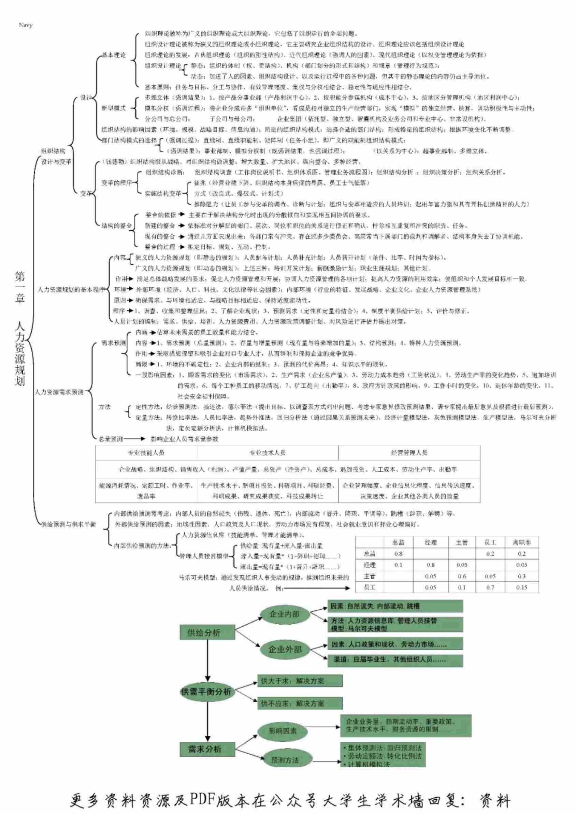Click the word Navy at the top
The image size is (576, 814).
click(x=26, y=25)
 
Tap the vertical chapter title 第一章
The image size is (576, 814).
click(x=20, y=287)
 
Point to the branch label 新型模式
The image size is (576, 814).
click(x=114, y=108)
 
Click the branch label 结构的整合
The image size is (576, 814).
click(x=116, y=226)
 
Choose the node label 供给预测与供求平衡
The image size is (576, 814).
click(x=69, y=524)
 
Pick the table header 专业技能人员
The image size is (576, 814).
click(x=146, y=453)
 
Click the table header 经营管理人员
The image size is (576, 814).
click(x=409, y=453)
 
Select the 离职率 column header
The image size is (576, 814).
click(x=521, y=542)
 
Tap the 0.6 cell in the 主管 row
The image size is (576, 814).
click(x=461, y=577)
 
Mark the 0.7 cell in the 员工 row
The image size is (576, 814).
click(x=490, y=587)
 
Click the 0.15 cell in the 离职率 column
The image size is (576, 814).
click(x=521, y=587)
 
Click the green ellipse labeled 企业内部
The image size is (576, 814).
click(x=285, y=614)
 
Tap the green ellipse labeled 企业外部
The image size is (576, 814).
click(x=285, y=649)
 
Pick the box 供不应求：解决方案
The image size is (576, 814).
click(x=300, y=703)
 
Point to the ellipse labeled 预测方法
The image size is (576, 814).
click(x=285, y=760)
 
